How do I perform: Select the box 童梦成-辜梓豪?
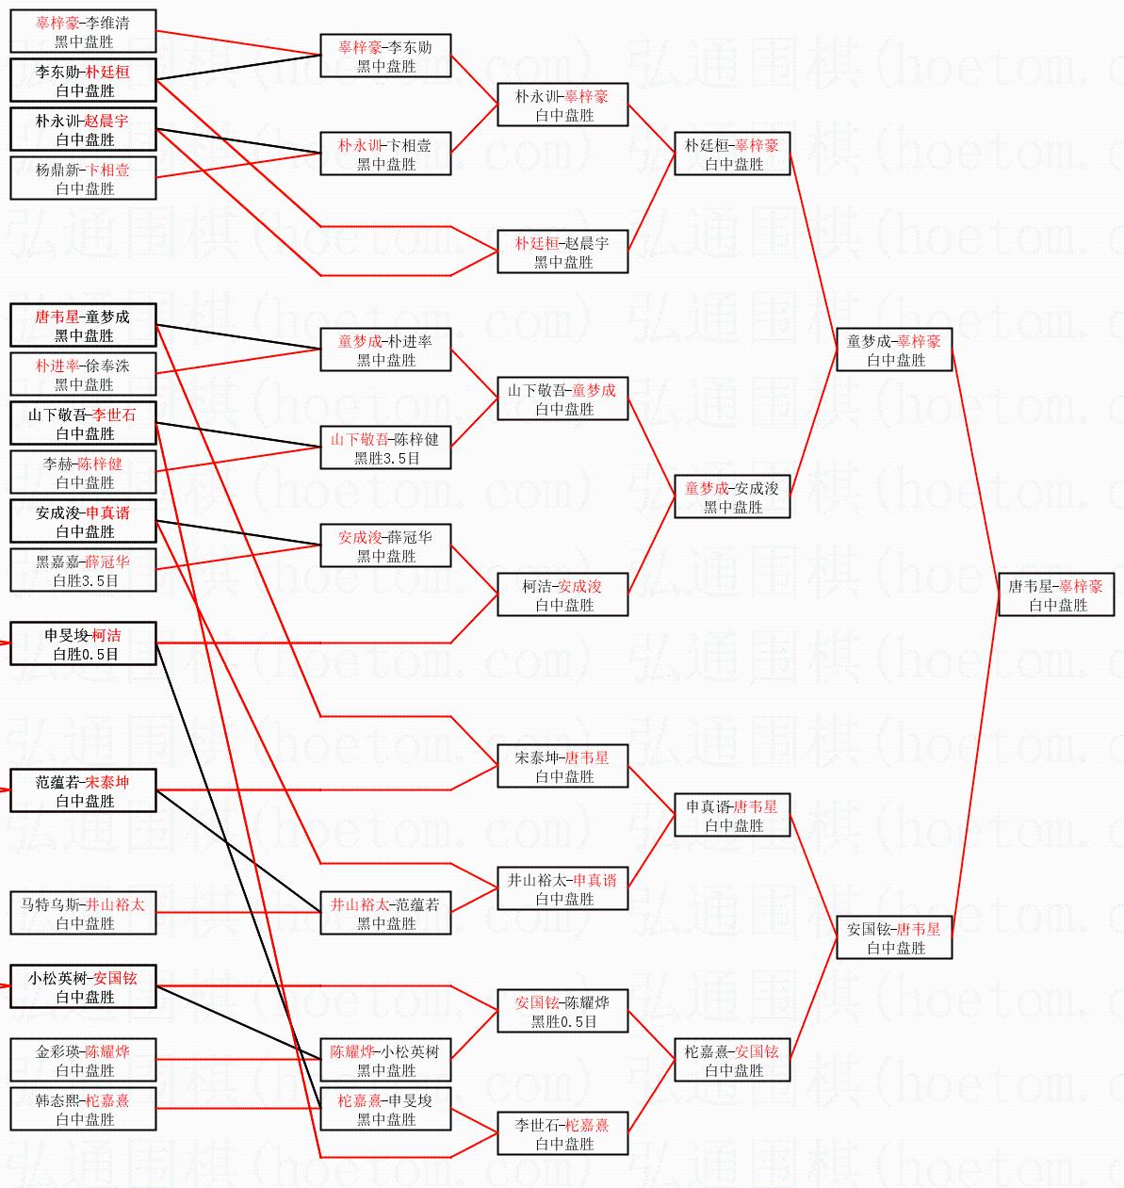click(894, 350)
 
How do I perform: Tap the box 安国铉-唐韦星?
click(894, 938)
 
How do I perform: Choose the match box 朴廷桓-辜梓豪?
click(732, 155)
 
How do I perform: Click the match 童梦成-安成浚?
click(732, 497)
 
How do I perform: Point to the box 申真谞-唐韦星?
click(732, 816)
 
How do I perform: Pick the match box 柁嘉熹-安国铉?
click(732, 1061)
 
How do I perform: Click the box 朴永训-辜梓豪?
click(562, 106)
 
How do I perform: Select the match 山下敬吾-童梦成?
click(562, 399)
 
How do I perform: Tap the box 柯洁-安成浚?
click(562, 595)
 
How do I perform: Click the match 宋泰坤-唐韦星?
click(562, 767)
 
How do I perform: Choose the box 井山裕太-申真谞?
click(562, 889)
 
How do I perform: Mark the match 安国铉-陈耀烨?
click(562, 1012)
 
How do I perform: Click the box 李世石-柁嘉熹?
click(562, 1134)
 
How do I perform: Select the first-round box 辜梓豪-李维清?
click(83, 32)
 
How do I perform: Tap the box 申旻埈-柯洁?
click(83, 644)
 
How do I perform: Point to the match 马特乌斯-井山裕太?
click(83, 914)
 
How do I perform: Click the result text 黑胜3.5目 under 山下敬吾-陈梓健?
click(386, 459)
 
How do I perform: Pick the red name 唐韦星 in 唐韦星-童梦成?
click(57, 317)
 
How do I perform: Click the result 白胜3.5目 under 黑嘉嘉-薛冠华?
click(85, 581)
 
